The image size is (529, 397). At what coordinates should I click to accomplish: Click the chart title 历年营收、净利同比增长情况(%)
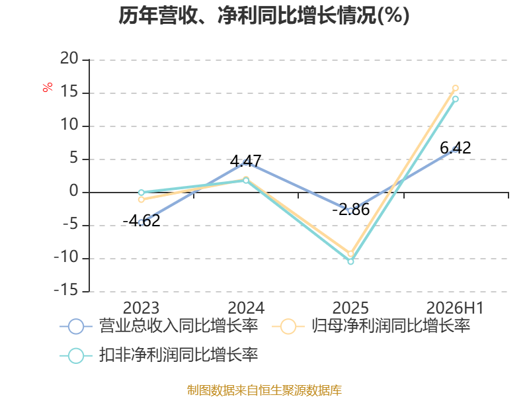coord(264,15)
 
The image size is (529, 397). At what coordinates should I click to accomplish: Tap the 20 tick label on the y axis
coord(69,59)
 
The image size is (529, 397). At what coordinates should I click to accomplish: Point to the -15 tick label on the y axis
coord(66,290)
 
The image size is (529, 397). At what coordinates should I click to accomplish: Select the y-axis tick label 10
coord(69,125)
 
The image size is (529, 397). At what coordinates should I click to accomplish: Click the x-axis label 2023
coord(141,308)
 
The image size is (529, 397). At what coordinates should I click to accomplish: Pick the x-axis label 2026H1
coord(455,308)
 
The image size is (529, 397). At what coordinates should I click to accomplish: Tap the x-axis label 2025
coord(350,308)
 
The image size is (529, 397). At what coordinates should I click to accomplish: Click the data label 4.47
coord(245,161)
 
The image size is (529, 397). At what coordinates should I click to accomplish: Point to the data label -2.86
coord(351,210)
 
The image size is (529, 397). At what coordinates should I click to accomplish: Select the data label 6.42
coord(456,148)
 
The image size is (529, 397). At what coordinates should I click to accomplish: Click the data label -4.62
coord(142,221)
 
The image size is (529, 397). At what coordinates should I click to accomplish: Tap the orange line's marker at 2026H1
coord(455,88)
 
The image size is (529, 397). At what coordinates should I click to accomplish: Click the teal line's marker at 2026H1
coord(455,99)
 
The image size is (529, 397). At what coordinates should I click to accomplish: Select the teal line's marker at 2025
coord(350,261)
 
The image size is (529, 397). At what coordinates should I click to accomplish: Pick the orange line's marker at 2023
coord(142,200)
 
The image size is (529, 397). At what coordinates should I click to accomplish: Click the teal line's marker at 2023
coord(142,193)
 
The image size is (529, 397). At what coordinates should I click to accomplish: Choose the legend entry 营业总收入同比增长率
coord(159,326)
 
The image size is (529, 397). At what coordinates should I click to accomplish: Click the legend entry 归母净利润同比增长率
coord(371,326)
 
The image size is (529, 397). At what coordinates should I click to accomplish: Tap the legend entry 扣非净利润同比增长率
coord(159,355)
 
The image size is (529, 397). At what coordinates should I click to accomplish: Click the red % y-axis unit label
coord(48,87)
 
